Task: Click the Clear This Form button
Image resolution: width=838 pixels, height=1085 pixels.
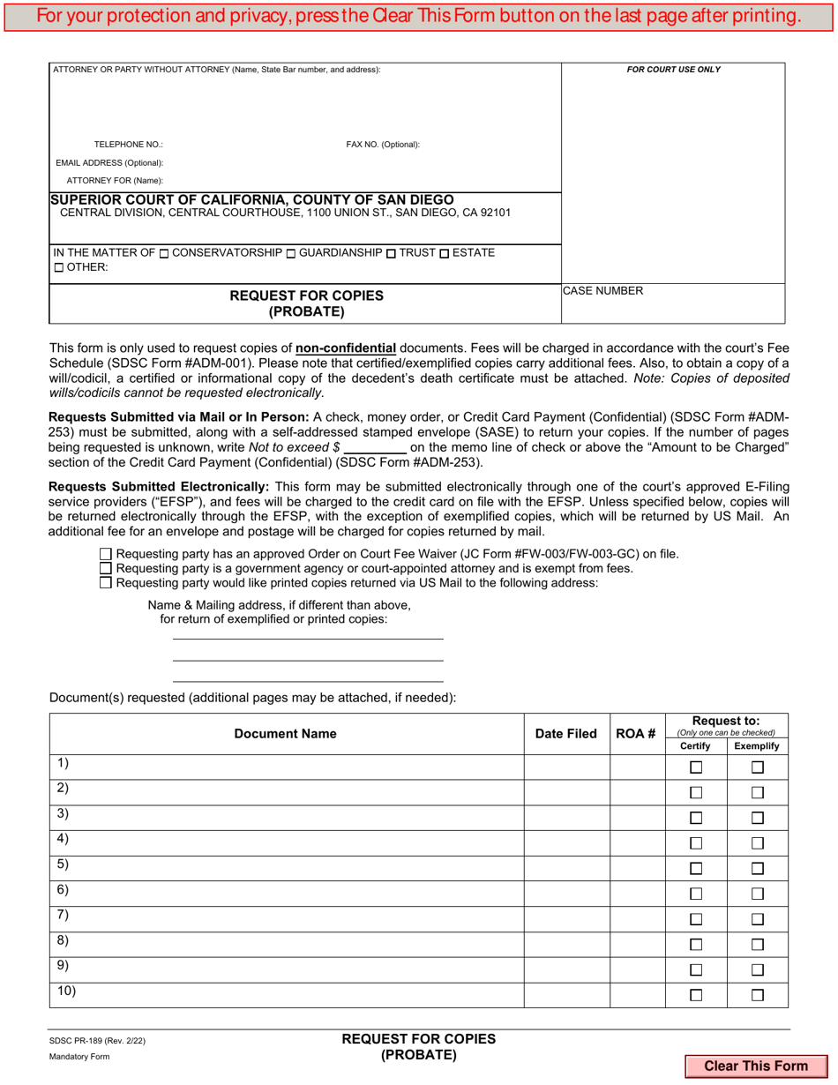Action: pos(755,1066)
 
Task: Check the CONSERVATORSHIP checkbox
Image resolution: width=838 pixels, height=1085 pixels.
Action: pos(164,254)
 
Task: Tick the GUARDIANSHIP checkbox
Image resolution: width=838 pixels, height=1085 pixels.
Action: pos(291,254)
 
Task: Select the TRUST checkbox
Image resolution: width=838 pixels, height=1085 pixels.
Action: pos(392,254)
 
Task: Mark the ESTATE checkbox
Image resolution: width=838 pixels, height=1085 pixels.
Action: pos(444,254)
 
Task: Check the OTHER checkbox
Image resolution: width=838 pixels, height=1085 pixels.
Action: pos(58,268)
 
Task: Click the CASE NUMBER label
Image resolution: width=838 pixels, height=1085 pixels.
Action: pos(603,291)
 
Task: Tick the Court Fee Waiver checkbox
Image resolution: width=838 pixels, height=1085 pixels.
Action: pos(106,554)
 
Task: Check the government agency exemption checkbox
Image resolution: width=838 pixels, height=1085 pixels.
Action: pos(106,568)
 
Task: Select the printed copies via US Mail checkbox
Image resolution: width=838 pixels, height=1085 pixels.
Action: pos(106,582)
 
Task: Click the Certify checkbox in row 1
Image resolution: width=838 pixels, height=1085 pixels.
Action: pos(696,767)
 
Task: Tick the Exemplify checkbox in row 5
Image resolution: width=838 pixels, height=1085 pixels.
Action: pos(757,869)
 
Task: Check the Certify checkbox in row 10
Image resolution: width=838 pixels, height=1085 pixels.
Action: pos(696,995)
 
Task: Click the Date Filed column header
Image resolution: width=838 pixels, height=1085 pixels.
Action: pos(566,734)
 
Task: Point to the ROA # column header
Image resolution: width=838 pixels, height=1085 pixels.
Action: pos(636,734)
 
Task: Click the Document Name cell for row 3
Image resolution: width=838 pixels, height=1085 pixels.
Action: pos(287,818)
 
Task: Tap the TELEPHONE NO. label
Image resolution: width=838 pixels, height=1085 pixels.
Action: pos(129,145)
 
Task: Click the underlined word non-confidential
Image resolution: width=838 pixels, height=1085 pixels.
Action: pos(346,348)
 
